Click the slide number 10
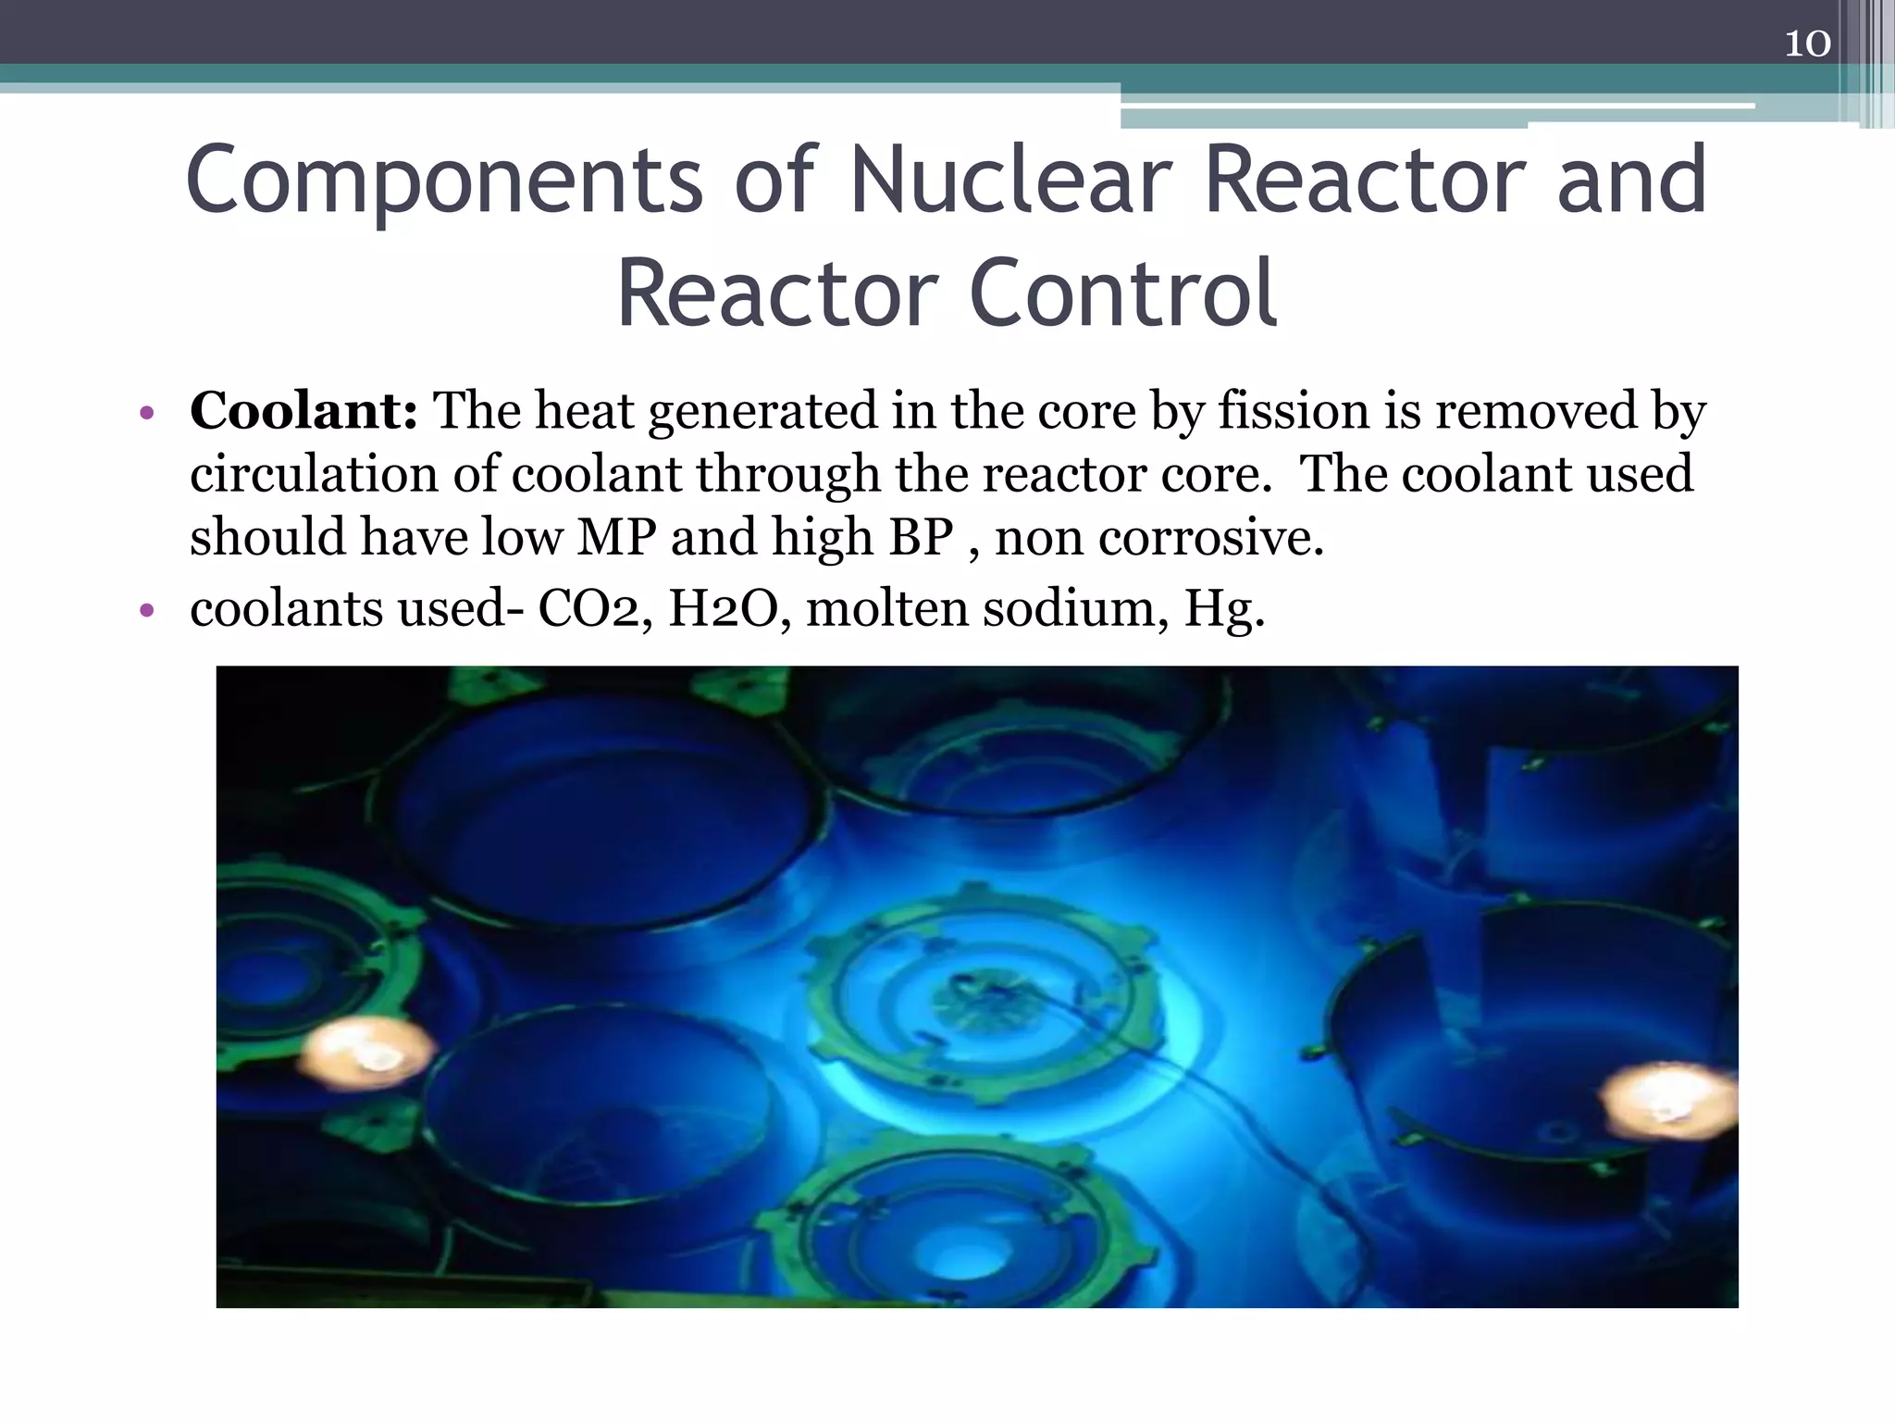point(1806,44)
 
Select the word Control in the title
point(1122,293)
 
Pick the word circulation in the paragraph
point(314,474)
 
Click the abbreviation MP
point(616,537)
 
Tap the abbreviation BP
point(921,537)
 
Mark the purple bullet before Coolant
point(145,413)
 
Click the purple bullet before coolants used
point(145,611)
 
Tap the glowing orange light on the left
point(367,1053)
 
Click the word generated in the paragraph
point(762,412)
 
